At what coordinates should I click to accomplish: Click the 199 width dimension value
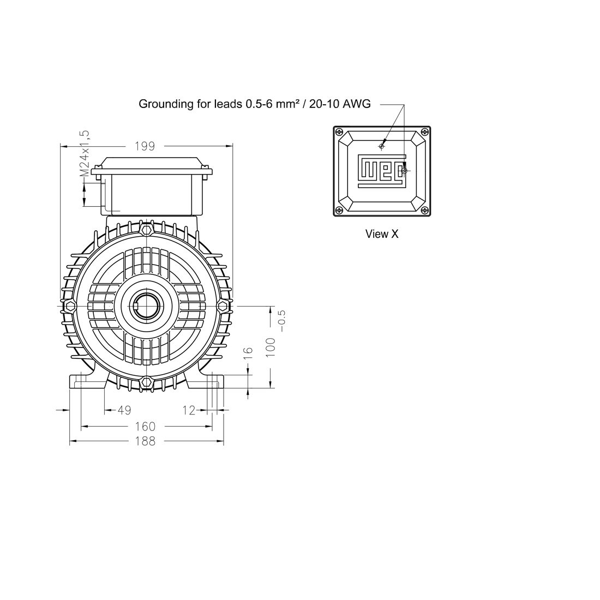click(x=145, y=146)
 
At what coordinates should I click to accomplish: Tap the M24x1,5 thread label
click(x=85, y=153)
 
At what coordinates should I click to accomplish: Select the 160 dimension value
click(x=146, y=427)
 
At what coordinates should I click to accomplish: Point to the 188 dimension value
click(x=146, y=441)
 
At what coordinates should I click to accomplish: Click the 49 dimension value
click(x=124, y=410)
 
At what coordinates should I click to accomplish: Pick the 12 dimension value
click(x=189, y=410)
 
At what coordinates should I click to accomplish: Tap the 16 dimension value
click(x=248, y=353)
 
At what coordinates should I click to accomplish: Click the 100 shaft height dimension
click(x=271, y=347)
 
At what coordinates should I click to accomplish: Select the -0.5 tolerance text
click(x=282, y=321)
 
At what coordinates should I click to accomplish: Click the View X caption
click(x=382, y=234)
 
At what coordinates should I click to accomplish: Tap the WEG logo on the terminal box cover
click(x=381, y=171)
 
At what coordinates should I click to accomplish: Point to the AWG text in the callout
click(x=356, y=104)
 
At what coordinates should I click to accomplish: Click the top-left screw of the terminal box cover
click(x=339, y=132)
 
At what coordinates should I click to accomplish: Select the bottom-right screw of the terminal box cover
click(x=425, y=210)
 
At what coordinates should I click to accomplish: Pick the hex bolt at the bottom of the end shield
click(x=146, y=382)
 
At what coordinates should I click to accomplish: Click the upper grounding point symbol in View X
click(x=381, y=146)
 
